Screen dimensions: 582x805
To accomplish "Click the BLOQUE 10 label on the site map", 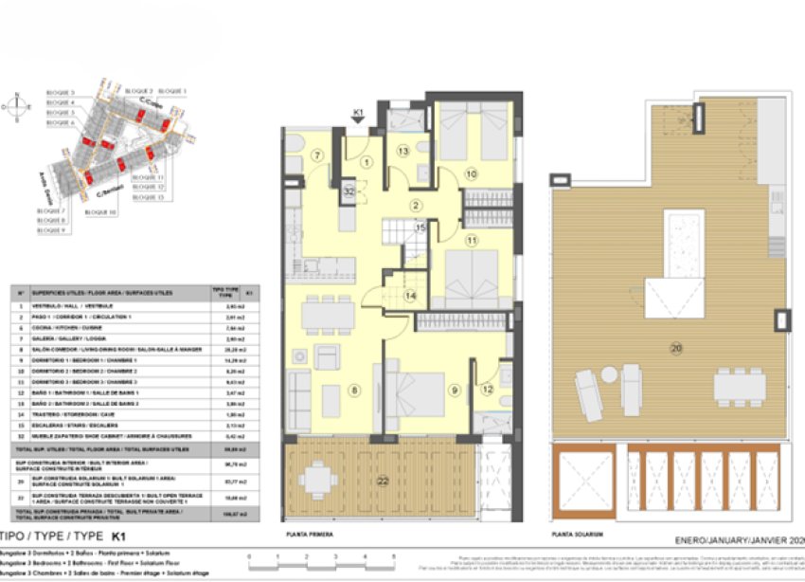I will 99,212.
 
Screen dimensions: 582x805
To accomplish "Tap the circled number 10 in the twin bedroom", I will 471,173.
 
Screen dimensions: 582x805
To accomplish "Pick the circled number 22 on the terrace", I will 382,482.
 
